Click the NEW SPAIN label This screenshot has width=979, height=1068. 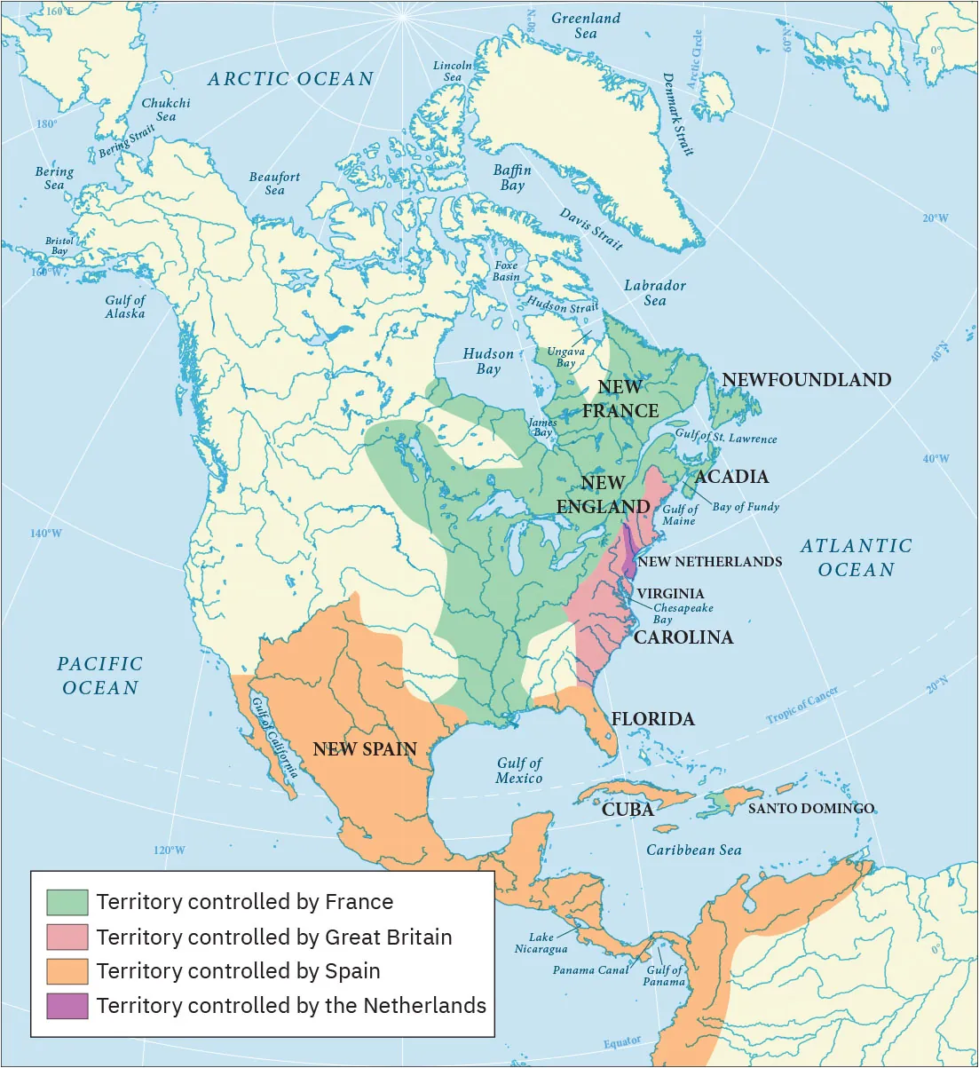(365, 748)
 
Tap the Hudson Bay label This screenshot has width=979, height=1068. (488, 361)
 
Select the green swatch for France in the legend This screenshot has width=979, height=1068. (67, 902)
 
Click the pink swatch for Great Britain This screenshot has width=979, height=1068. (67, 937)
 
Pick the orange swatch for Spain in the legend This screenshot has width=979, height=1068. (67, 971)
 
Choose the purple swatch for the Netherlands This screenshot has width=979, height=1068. (67, 1006)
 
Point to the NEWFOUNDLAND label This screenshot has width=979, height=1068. (806, 380)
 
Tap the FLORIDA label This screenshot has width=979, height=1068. (652, 719)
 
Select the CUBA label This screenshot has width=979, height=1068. (628, 810)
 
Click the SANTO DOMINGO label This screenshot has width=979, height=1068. (810, 809)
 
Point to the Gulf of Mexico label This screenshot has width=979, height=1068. (519, 771)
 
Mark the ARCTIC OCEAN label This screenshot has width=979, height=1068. (291, 79)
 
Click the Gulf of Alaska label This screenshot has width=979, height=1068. (125, 307)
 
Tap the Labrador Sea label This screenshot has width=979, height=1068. (654, 293)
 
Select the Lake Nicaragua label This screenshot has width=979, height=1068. (541, 943)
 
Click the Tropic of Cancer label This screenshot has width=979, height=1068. (802, 708)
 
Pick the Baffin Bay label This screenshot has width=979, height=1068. (512, 178)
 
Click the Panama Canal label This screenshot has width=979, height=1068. (590, 970)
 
